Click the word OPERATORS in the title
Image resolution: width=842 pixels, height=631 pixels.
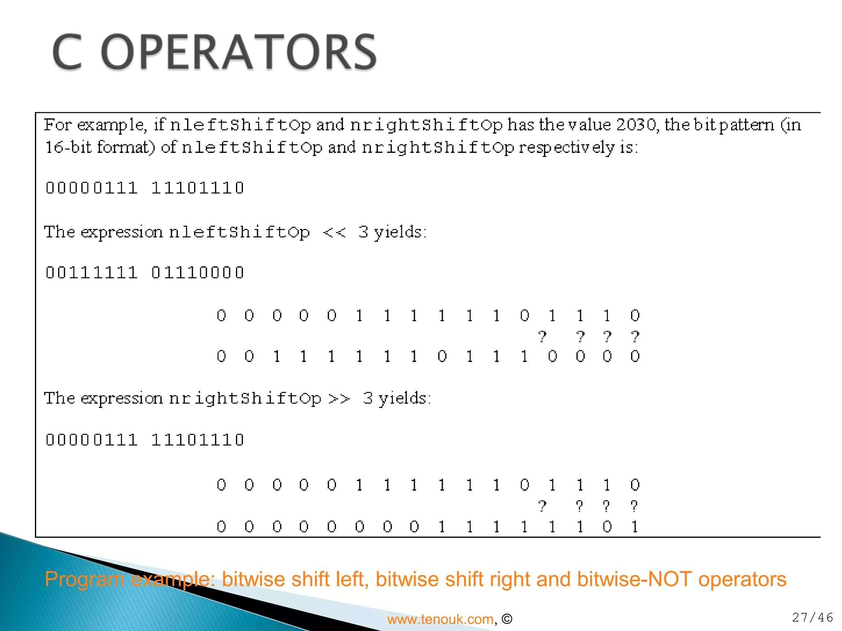coord(238,52)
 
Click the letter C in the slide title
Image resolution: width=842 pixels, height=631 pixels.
coord(67,52)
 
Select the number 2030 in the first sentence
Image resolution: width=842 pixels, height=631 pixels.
coord(636,124)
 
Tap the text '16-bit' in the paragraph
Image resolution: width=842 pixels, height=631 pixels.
coord(68,147)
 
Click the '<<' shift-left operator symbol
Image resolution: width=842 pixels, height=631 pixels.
coord(334,233)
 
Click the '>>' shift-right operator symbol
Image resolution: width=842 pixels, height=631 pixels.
coord(339,398)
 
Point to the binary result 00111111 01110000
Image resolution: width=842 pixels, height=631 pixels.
coord(145,273)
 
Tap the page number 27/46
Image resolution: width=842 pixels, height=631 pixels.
coord(812,617)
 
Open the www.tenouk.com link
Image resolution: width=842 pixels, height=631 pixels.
coord(440,619)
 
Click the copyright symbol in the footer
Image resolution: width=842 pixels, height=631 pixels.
coord(507,619)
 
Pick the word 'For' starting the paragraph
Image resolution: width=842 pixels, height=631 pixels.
coord(58,124)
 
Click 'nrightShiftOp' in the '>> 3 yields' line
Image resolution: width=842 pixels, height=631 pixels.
coord(245,398)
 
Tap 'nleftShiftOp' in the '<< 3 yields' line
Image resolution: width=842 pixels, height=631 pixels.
coord(239,233)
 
